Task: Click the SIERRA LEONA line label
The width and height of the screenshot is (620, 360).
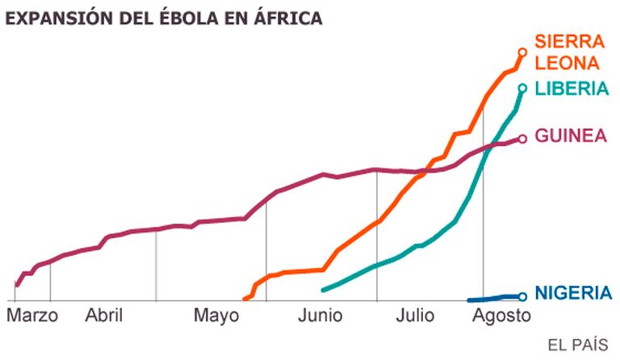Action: pos(569,52)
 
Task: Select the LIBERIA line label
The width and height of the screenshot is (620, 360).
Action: pos(572,88)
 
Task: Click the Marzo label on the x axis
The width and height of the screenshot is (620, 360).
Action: pos(32,315)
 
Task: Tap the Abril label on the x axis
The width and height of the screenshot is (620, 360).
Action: pos(103,315)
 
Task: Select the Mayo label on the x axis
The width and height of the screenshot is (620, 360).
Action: pos(216,315)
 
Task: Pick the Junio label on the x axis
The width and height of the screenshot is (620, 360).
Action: pos(320,315)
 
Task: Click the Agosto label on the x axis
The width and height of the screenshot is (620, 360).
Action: pos(501,315)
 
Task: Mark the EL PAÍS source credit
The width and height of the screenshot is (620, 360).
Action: pos(577,345)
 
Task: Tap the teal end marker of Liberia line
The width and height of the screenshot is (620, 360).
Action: pos(522,88)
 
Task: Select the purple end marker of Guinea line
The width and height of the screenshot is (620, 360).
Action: pos(522,138)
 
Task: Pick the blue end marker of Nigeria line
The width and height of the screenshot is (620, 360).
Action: pos(522,296)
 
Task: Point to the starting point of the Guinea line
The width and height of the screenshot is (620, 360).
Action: pos(17,285)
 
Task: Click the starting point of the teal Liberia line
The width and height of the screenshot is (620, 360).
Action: pos(323,290)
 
